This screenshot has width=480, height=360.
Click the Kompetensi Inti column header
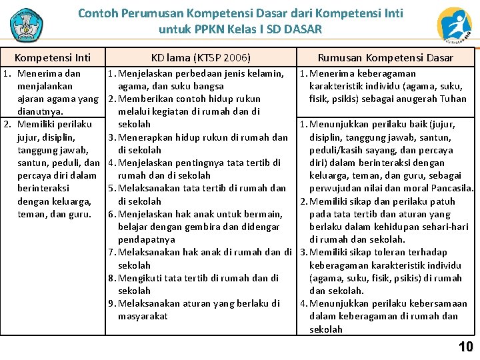point(53,58)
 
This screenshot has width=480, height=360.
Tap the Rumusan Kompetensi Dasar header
point(385,58)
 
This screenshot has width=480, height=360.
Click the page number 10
point(465,347)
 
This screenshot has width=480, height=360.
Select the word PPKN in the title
point(207,29)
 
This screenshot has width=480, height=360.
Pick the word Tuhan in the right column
point(453,99)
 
